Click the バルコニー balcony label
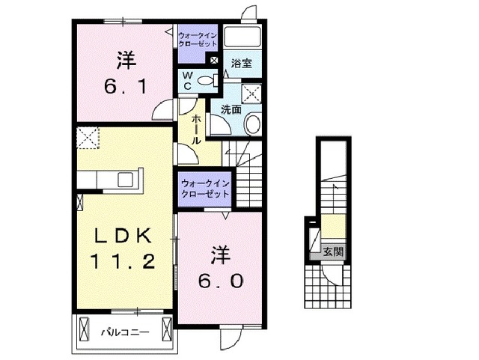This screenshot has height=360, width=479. (125, 331)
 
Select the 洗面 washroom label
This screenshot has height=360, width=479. (231, 109)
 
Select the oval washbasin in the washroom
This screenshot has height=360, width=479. (252, 124)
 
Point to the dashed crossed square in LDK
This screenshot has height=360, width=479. (88, 137)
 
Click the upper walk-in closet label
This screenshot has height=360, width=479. (198, 39)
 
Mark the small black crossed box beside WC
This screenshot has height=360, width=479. (215, 61)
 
